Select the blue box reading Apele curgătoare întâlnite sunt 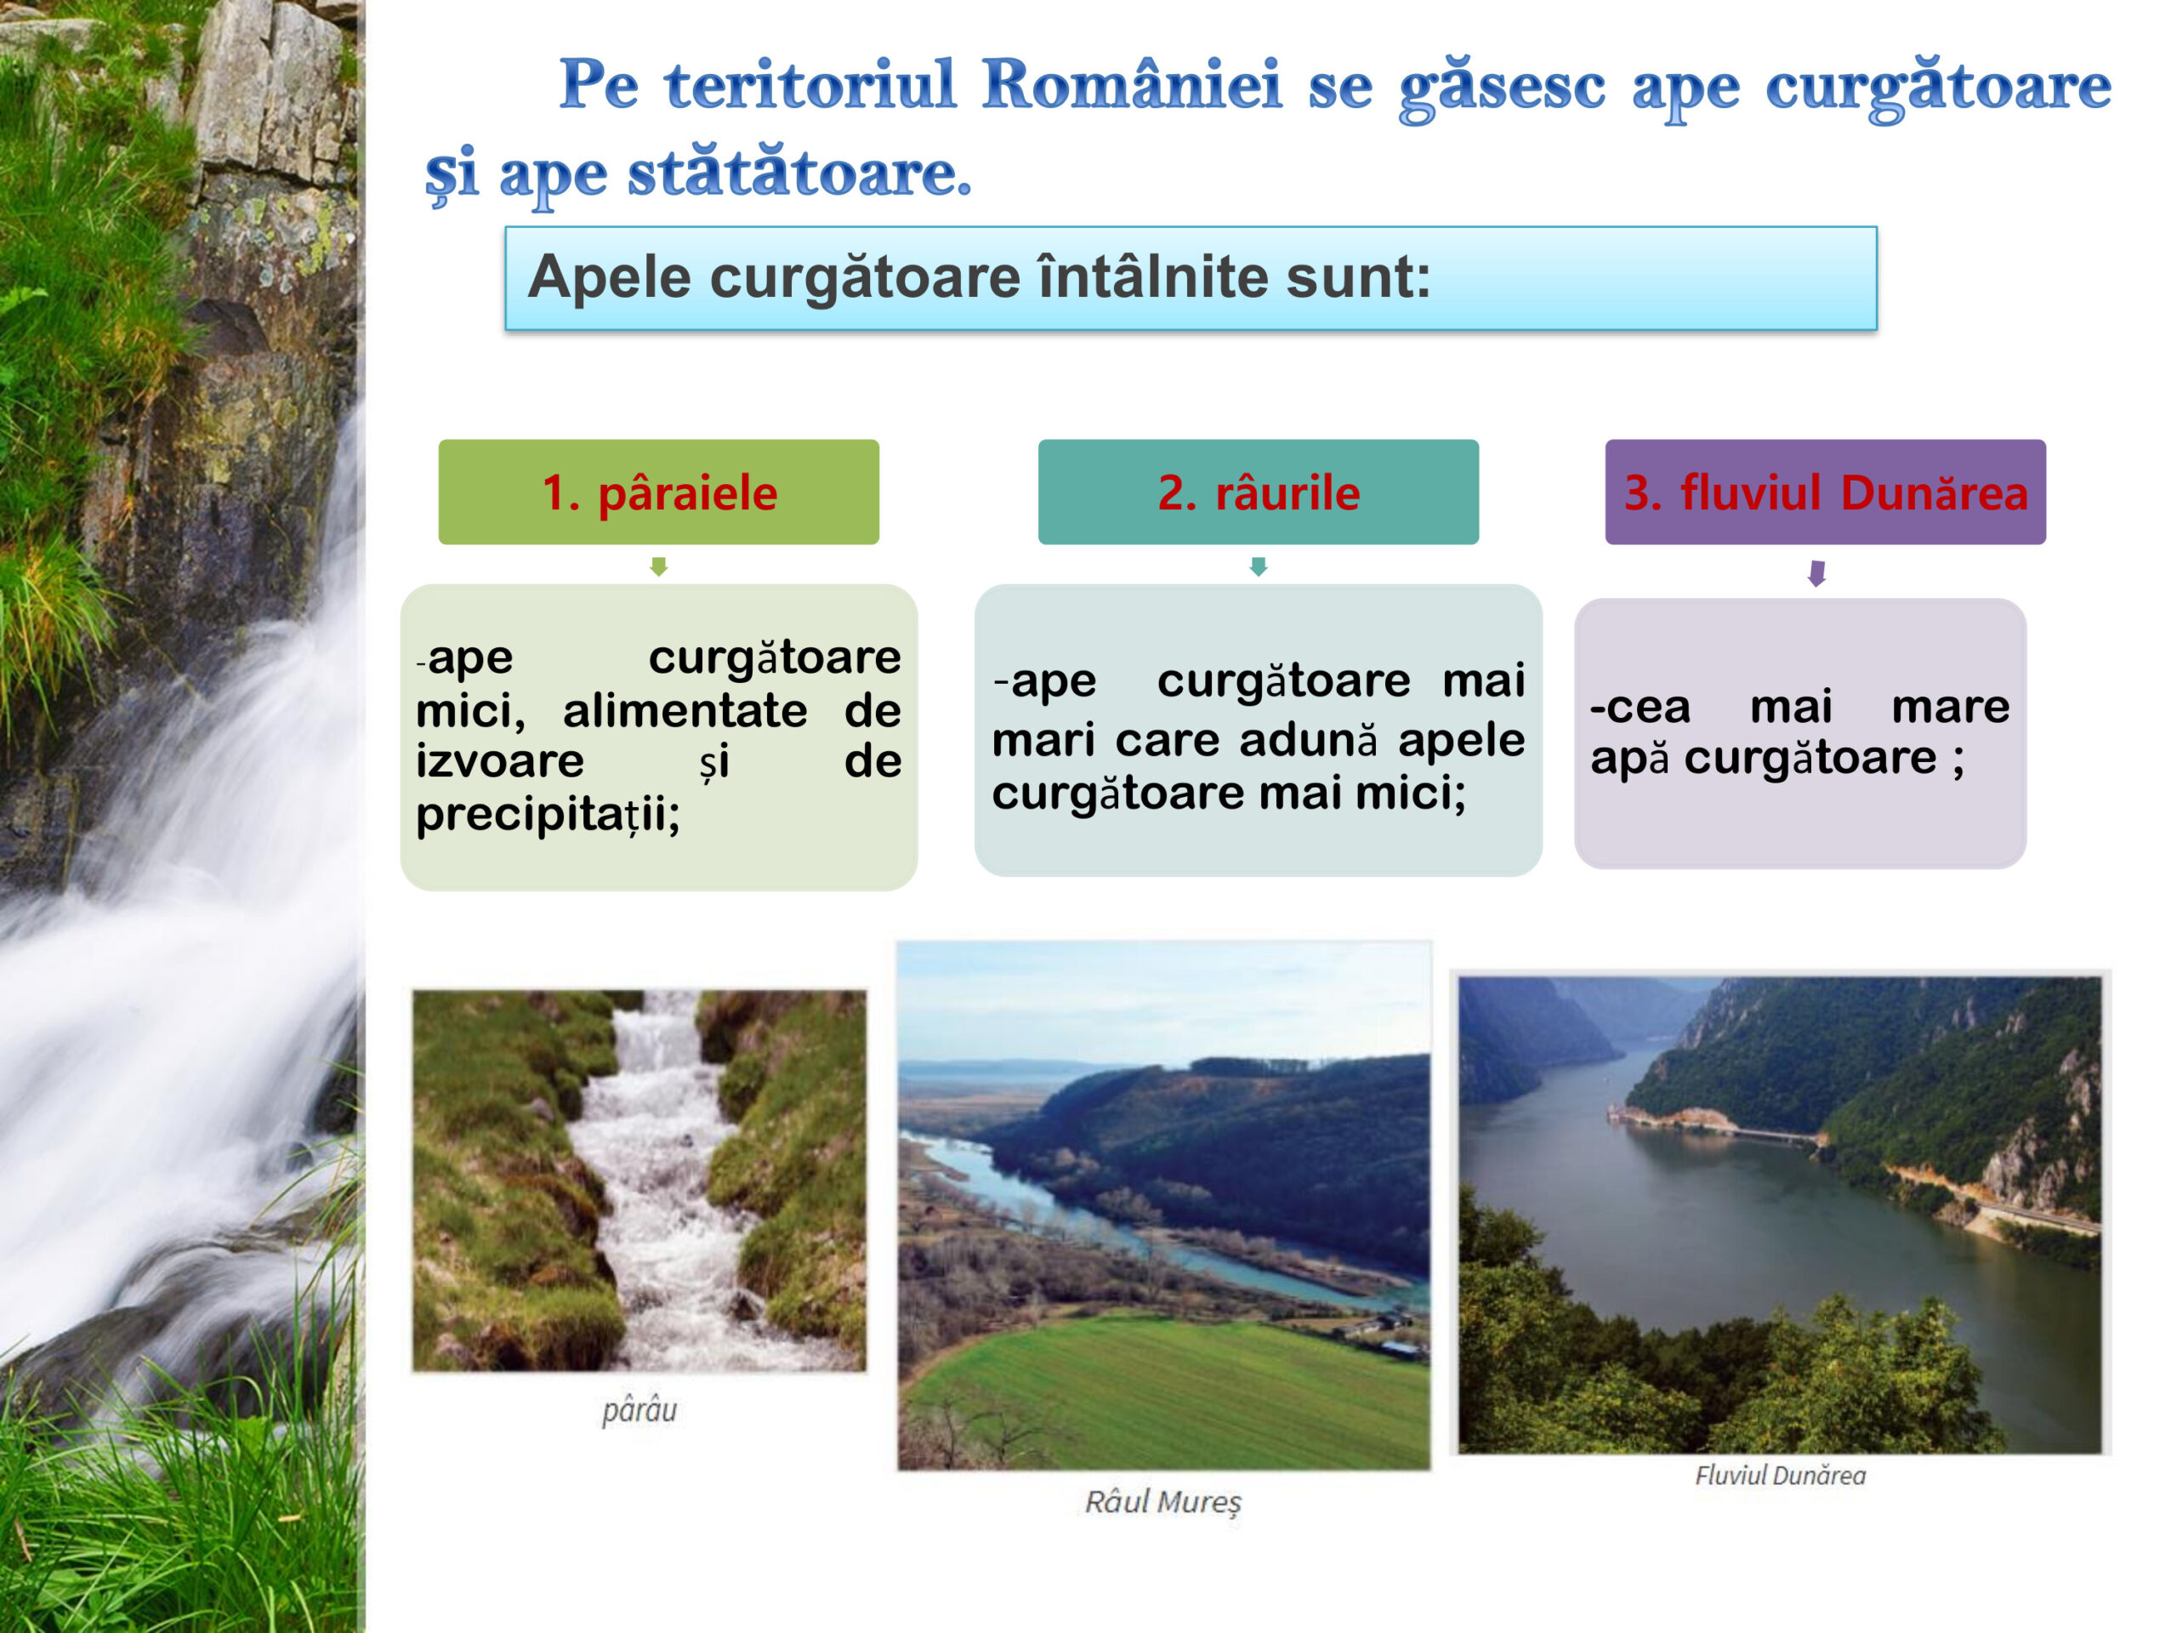coord(1191,279)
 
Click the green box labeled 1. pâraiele coord(658,492)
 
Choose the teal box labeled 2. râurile coord(1258,492)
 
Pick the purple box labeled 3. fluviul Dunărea coord(1826,492)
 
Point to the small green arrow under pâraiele coord(658,566)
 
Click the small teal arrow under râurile coord(1258,566)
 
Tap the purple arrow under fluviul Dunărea coord(1816,573)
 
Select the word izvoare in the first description coord(500,761)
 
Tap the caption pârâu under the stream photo coord(639,1410)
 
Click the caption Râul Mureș coord(1163,1502)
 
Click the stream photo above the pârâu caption coord(639,1181)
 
